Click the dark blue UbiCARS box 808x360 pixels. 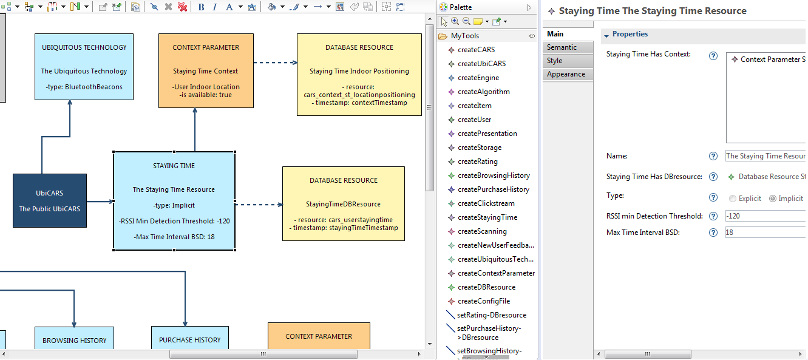coord(50,200)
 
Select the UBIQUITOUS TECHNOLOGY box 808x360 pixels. coord(84,67)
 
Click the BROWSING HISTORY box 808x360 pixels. coord(74,338)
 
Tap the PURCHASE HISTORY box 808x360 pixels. coord(190,338)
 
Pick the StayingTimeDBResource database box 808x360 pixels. coord(344,203)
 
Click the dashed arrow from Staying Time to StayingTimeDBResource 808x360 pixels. coord(259,205)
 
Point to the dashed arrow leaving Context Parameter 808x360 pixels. coord(275,63)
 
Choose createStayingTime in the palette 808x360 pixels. coord(487,217)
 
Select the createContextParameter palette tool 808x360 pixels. coord(496,273)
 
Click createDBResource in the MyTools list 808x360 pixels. coord(486,287)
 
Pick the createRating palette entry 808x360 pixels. coord(478,161)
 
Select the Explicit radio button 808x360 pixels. coord(733,199)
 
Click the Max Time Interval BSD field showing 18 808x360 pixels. coord(766,233)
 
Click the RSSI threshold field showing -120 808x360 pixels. coord(766,216)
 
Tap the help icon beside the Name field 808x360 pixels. coord(713,156)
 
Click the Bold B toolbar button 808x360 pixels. coord(202,7)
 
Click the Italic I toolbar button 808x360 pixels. coord(215,7)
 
